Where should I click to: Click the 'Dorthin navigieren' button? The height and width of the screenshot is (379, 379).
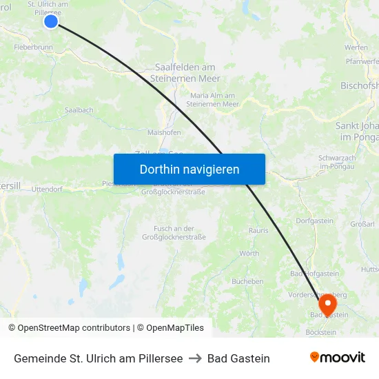point(189,169)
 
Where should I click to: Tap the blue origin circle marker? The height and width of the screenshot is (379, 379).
point(51,21)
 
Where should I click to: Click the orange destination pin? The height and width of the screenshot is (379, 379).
point(327,303)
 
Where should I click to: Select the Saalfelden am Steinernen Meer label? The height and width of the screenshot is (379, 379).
point(185,72)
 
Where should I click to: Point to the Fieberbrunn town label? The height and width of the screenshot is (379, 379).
point(33,48)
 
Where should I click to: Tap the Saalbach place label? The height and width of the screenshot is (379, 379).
point(79,110)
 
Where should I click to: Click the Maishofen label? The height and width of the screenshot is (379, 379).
point(164,132)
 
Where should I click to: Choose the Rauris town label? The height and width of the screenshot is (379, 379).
point(258,231)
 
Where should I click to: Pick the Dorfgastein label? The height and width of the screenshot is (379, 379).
point(314,221)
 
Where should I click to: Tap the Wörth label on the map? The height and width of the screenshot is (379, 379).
point(249,254)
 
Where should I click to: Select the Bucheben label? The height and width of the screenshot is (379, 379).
point(247,281)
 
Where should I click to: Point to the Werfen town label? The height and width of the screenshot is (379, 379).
point(356,48)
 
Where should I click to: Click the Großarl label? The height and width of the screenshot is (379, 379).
point(362,224)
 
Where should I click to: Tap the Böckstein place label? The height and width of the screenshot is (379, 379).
point(320,332)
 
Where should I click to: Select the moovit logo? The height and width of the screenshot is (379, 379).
point(338,358)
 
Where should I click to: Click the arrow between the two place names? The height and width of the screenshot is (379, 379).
point(195,358)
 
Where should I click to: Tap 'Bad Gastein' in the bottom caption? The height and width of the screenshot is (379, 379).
point(238,358)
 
